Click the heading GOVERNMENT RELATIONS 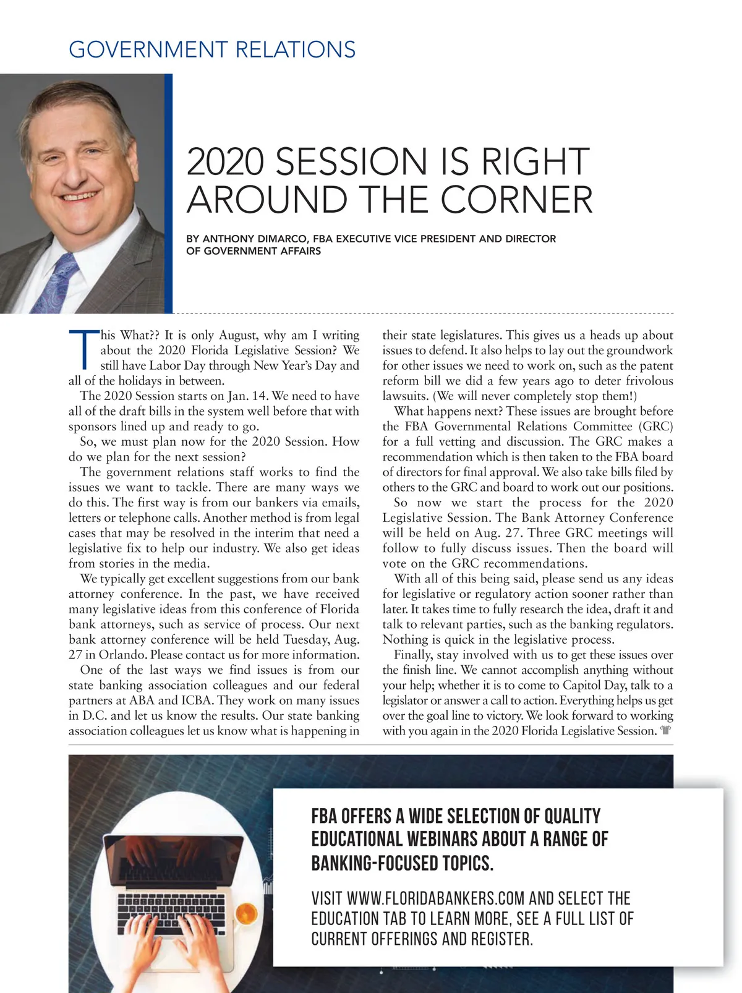coord(212,49)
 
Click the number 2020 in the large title coord(224,162)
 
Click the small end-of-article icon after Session coord(665,731)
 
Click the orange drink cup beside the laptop coord(245,912)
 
